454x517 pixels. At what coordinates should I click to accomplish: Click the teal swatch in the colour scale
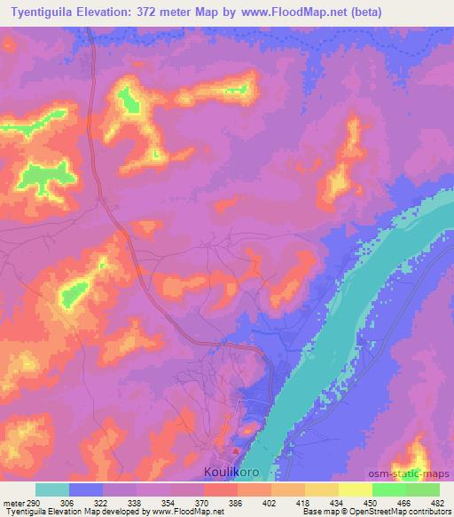(x=52, y=489)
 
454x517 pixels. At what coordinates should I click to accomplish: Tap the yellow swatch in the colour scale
(x=355, y=489)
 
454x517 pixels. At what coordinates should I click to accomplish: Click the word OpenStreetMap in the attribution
(x=395, y=513)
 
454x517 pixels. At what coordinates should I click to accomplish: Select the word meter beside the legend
(x=12, y=504)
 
